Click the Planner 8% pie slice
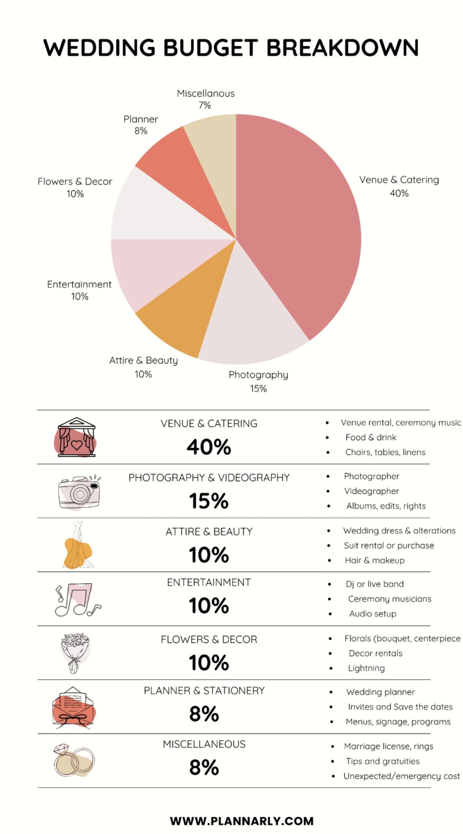(x=179, y=171)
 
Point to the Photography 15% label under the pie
(x=258, y=381)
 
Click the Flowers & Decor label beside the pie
(x=75, y=187)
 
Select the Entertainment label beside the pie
(x=79, y=290)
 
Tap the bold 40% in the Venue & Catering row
(x=209, y=447)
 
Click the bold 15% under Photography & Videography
(x=209, y=501)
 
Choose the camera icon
(x=79, y=493)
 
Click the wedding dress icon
(x=78, y=545)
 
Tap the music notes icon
(x=77, y=599)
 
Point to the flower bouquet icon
(x=75, y=653)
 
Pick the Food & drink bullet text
(x=370, y=437)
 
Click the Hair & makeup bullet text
(x=374, y=560)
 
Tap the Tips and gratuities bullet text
(x=383, y=761)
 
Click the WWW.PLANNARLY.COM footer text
(x=242, y=821)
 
